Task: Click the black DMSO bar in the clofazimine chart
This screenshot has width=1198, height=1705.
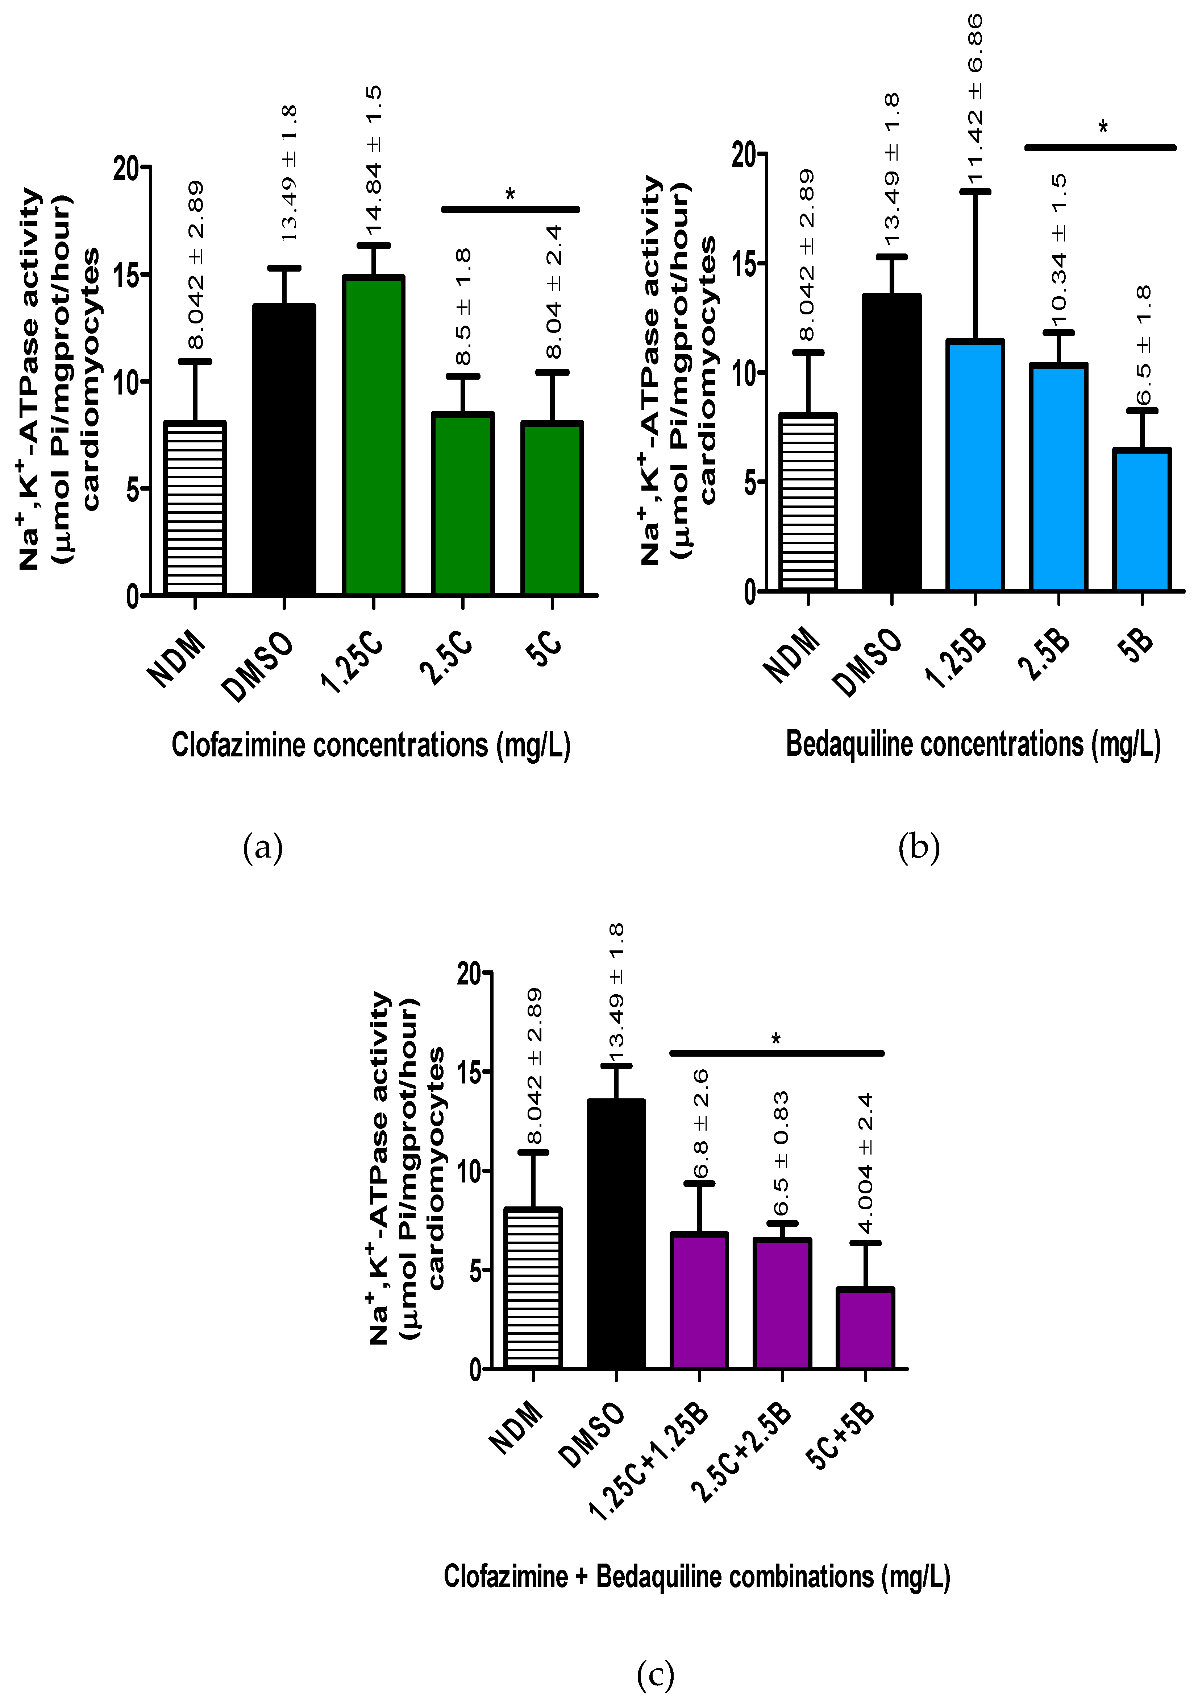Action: (284, 450)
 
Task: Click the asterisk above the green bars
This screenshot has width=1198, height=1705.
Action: (510, 195)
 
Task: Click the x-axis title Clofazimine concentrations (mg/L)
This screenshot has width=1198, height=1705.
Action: (371, 745)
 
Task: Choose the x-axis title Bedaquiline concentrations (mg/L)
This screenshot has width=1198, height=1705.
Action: (973, 744)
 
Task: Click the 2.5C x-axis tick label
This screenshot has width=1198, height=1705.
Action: (445, 657)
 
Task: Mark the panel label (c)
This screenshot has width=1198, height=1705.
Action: (656, 1675)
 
